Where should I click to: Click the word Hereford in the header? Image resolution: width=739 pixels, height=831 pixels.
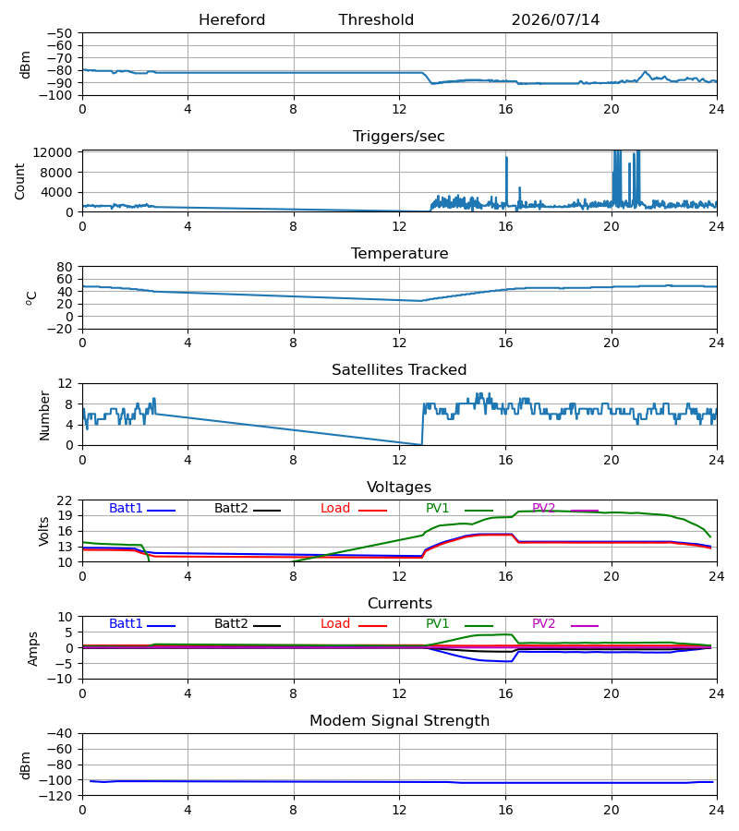tap(232, 20)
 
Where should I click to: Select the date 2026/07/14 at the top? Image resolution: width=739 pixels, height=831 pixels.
tap(555, 20)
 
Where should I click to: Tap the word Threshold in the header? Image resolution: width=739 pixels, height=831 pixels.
tap(376, 20)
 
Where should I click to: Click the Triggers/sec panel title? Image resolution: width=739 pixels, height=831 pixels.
tap(399, 137)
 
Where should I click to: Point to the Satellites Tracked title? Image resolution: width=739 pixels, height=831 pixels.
tap(399, 370)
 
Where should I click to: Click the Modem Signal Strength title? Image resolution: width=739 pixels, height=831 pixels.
tap(399, 721)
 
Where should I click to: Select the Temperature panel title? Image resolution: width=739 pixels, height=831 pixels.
tap(399, 253)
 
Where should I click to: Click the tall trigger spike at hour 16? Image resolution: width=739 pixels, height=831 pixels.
tap(506, 180)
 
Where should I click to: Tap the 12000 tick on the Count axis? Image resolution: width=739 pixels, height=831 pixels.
tap(53, 152)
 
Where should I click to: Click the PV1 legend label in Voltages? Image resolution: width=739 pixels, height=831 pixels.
tap(437, 508)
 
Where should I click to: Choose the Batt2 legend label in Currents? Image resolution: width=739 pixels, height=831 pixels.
tap(231, 624)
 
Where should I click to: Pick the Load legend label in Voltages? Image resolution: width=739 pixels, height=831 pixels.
tap(335, 508)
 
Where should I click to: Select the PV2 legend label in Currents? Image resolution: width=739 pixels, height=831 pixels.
tap(543, 624)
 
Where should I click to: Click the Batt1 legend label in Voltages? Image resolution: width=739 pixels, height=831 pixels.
tap(126, 508)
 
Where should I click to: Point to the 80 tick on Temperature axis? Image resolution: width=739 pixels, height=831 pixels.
tap(66, 267)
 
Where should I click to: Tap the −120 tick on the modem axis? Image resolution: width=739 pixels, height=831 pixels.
tap(59, 796)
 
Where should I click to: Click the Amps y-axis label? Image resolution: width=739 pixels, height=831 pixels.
tap(33, 649)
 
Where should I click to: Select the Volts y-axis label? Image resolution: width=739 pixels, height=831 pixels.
tap(43, 532)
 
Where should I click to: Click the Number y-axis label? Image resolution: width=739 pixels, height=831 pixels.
tap(44, 416)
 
